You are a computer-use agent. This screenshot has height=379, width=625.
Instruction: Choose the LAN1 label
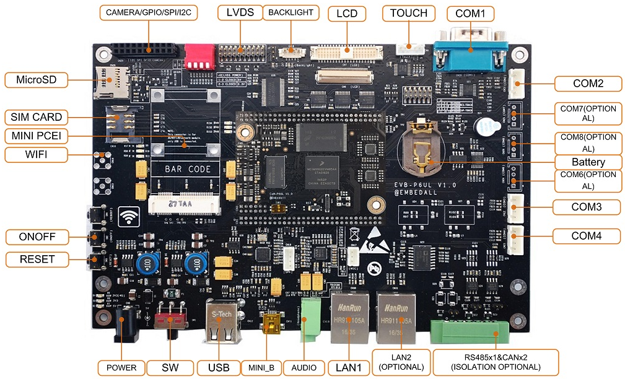(x=347, y=367)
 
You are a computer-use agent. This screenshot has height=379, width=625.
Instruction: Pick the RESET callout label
(x=37, y=259)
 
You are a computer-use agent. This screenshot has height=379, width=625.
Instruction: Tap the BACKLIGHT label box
(x=291, y=12)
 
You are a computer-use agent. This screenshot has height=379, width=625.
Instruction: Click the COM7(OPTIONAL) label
(x=587, y=113)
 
